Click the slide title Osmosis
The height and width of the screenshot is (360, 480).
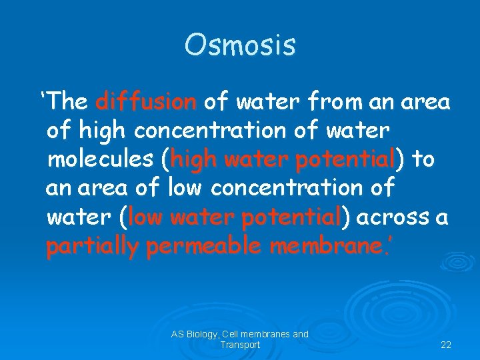pos(240,45)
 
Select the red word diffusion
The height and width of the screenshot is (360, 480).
pos(146,102)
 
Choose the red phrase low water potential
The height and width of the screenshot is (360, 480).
pos(234,217)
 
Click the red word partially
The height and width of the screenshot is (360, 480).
pos(93,247)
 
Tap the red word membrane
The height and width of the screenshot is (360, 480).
pos(326,247)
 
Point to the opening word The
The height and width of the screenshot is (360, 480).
pos(67,102)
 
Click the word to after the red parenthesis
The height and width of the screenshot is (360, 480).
pos(423,160)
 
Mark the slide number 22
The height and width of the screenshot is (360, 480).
pos(446,345)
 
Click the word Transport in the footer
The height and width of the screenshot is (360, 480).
pos(240,345)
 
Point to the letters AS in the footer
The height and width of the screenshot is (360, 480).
pos(177,334)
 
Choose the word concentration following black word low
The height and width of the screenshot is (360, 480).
pos(285,189)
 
